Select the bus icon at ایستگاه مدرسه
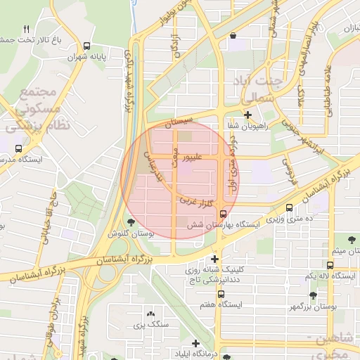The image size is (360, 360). tap(18, 148)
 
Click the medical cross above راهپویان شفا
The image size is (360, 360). tap(247, 115)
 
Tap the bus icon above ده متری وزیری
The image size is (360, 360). tap(290, 208)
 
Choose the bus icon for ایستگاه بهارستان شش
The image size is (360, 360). tap(223, 214)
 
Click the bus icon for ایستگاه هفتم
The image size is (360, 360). tap(221, 294)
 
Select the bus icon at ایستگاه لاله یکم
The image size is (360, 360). tap(330, 265)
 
